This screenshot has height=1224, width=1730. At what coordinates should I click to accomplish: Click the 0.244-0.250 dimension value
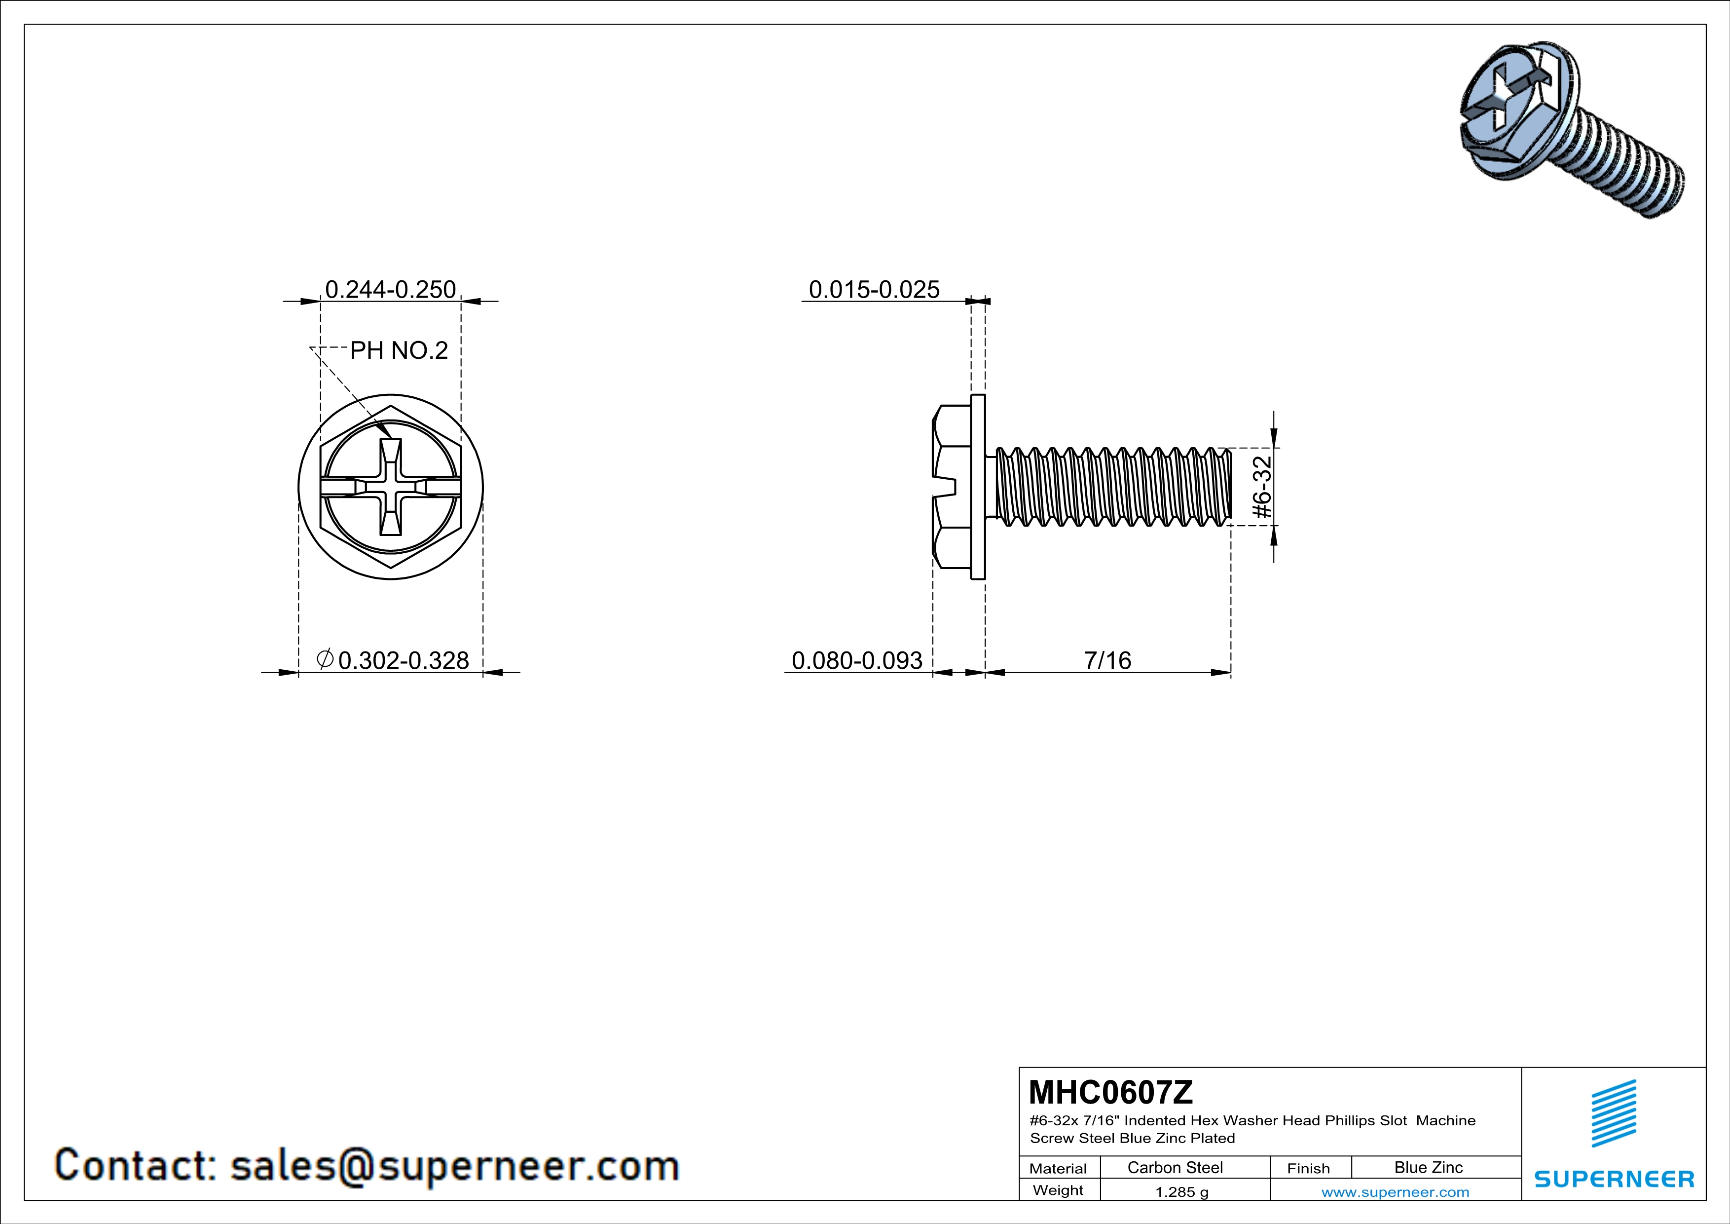pyautogui.click(x=390, y=289)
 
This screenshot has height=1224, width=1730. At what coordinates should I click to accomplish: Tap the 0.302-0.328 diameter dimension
pyautogui.click(x=403, y=660)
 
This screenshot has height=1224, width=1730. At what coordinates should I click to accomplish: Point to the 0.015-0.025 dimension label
pyautogui.click(x=874, y=289)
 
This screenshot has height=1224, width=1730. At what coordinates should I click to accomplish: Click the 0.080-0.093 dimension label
pyautogui.click(x=857, y=660)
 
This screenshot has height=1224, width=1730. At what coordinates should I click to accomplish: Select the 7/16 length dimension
pyautogui.click(x=1107, y=660)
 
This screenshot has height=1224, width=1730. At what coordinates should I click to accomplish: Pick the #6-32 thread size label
pyautogui.click(x=1261, y=487)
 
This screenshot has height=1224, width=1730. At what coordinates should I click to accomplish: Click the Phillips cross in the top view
pyautogui.click(x=390, y=487)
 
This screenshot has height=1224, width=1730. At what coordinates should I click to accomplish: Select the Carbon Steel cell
pyautogui.click(x=1175, y=1167)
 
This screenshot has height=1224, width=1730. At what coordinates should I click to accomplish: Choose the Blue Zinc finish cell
pyautogui.click(x=1428, y=1167)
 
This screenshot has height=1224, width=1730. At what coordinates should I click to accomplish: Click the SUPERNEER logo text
pyautogui.click(x=1614, y=1179)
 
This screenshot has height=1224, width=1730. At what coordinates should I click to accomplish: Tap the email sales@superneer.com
pyautogui.click(x=454, y=1165)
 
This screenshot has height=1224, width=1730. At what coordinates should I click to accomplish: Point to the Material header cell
pyautogui.click(x=1058, y=1168)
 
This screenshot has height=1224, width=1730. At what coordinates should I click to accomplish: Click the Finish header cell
pyautogui.click(x=1308, y=1168)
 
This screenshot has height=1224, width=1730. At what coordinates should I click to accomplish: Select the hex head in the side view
pyautogui.click(x=952, y=487)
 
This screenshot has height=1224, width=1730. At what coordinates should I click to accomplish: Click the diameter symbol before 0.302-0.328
pyautogui.click(x=325, y=659)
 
